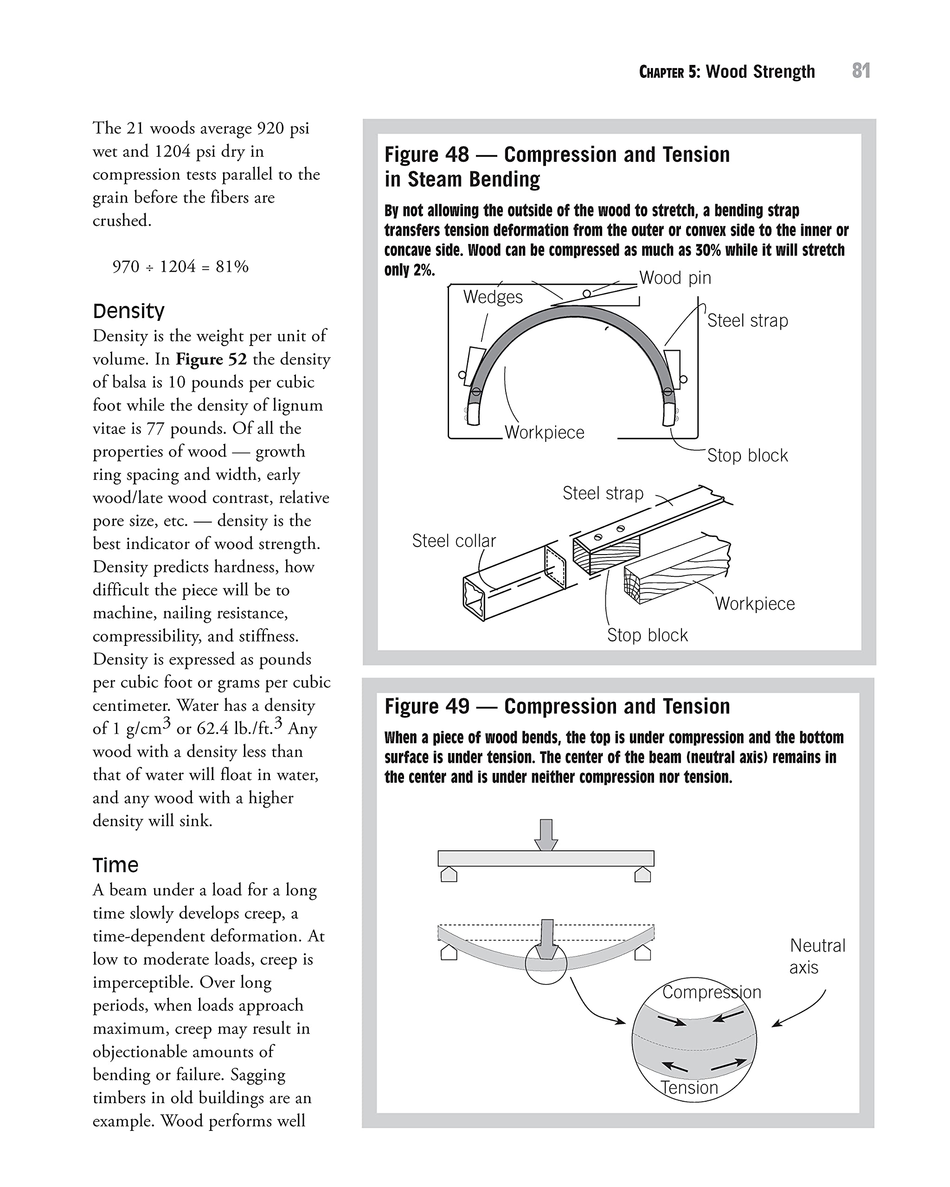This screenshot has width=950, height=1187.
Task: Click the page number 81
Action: pyautogui.click(x=861, y=71)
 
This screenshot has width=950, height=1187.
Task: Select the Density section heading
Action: pyautogui.click(x=128, y=311)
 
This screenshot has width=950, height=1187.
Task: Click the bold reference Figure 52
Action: pyautogui.click(x=211, y=359)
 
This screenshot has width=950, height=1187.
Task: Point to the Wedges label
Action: pyautogui.click(x=492, y=297)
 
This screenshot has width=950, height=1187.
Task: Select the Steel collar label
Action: pyautogui.click(x=454, y=541)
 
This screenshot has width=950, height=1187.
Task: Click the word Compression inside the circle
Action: pyautogui.click(x=711, y=992)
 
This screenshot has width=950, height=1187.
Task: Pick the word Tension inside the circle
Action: pyautogui.click(x=689, y=1088)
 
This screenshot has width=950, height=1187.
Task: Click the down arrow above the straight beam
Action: pyautogui.click(x=546, y=835)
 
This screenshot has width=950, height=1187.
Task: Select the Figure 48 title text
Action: pyautogui.click(x=557, y=166)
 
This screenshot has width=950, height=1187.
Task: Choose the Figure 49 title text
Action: pyautogui.click(x=557, y=706)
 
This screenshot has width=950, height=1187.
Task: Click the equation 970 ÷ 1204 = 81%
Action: pyautogui.click(x=180, y=267)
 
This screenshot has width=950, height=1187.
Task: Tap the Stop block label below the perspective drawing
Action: pyautogui.click(x=647, y=635)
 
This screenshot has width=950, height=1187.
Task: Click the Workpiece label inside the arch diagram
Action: pyautogui.click(x=544, y=432)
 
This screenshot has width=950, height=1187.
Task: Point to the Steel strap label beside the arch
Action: pyautogui.click(x=747, y=320)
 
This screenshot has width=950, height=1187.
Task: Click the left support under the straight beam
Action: pyautogui.click(x=449, y=875)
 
